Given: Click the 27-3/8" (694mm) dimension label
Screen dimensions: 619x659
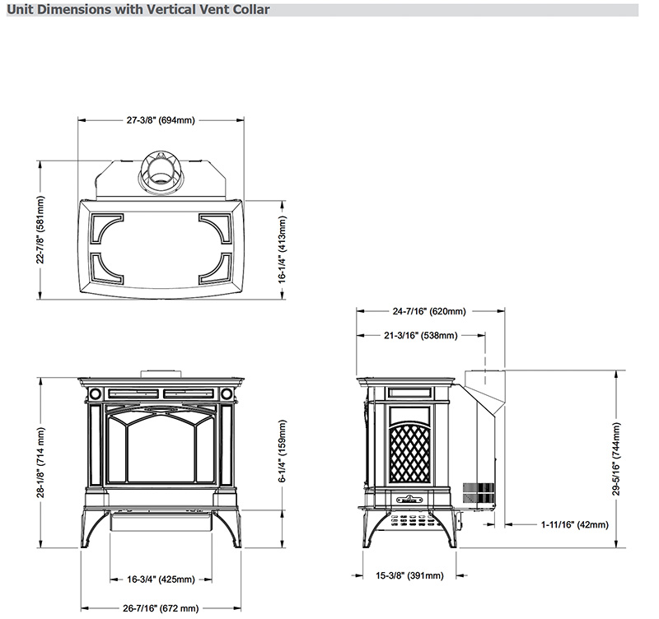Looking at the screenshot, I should pyautogui.click(x=161, y=120).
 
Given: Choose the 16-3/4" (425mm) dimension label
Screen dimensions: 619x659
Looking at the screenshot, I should pyautogui.click(x=161, y=579).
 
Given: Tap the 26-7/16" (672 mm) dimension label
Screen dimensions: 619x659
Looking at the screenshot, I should pyautogui.click(x=161, y=608).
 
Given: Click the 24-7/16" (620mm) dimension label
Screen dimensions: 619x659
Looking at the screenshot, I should pyautogui.click(x=429, y=311).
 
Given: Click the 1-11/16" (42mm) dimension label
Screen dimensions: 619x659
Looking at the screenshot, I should pyautogui.click(x=576, y=524).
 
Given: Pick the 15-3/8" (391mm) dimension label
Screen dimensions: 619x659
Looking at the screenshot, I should pyautogui.click(x=409, y=575).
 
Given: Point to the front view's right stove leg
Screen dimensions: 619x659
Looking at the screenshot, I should pyautogui.click(x=230, y=527).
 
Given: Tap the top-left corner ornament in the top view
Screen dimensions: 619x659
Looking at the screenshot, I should pyautogui.click(x=106, y=228).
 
